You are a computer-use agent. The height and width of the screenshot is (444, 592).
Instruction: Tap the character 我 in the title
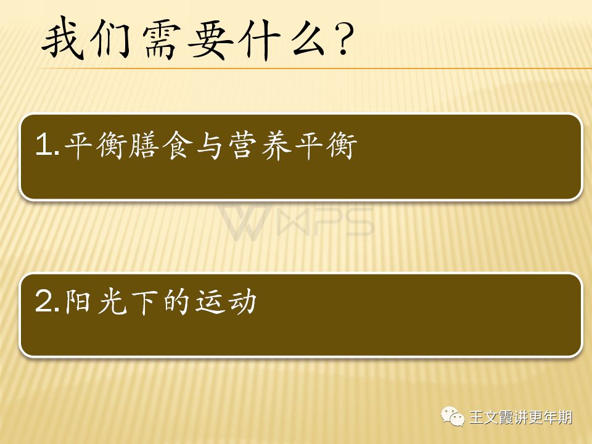pyautogui.click(x=62, y=38)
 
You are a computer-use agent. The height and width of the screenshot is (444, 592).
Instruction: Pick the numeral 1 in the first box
pyautogui.click(x=44, y=144)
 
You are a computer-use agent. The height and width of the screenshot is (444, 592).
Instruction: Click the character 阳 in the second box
pyautogui.click(x=78, y=302)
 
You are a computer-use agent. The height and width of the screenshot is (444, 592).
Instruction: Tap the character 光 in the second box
pyautogui.click(x=112, y=302)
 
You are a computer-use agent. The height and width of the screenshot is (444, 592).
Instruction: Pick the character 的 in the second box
pyautogui.click(x=176, y=302)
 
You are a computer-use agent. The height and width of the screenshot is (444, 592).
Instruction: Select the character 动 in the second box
pyautogui.click(x=242, y=302)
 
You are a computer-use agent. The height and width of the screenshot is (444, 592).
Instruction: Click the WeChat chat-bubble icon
pyautogui.click(x=453, y=416)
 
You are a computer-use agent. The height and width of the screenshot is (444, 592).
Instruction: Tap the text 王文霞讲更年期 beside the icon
pyautogui.click(x=520, y=417)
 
